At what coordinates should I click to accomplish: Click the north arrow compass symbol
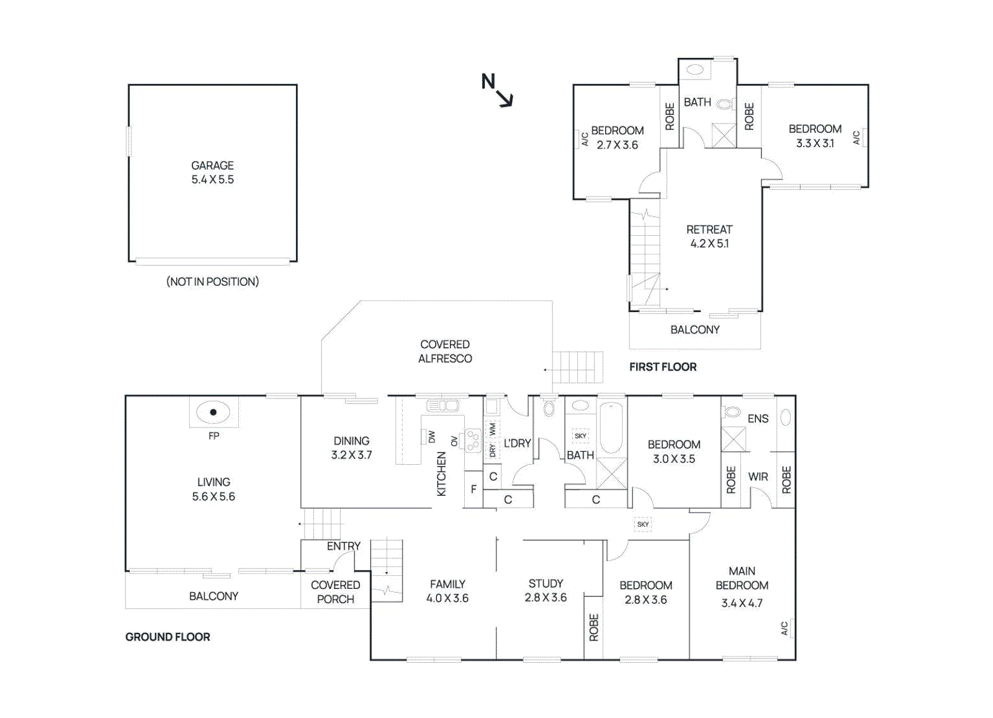coord(497,90)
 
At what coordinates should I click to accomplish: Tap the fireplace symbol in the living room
coord(213,412)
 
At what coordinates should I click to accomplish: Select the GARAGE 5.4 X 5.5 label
coord(212,173)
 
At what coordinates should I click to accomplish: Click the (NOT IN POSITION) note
coord(212,281)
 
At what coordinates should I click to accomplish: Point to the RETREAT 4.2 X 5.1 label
coord(709,236)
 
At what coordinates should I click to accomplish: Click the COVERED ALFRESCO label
coord(445,351)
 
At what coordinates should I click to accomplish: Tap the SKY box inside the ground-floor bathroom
coord(580,436)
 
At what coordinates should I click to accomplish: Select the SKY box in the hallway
coord(643,524)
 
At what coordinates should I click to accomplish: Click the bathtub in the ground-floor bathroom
coord(611,428)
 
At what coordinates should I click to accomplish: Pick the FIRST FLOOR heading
coord(663,367)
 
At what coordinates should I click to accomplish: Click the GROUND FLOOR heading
coord(168,637)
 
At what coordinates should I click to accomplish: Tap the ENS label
coord(758,419)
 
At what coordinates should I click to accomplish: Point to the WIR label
coord(758,477)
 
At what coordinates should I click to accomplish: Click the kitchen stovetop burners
coord(473,441)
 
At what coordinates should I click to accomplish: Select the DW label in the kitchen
coord(432,437)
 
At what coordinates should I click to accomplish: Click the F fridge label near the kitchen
coord(474,490)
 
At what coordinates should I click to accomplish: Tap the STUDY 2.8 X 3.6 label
coord(546,590)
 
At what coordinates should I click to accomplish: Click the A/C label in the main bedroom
coord(784,628)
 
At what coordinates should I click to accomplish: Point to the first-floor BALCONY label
coord(694,330)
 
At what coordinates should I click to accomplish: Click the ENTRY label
coord(343,546)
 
